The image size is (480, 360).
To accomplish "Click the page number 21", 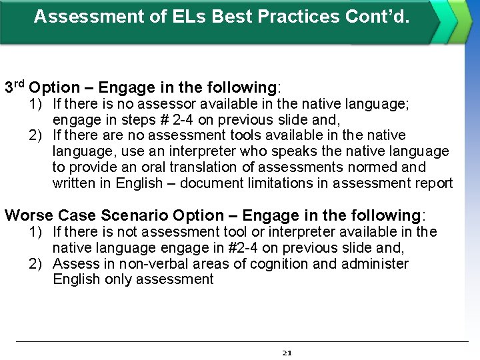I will (x=287, y=353).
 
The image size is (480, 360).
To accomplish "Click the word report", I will (x=433, y=183).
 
